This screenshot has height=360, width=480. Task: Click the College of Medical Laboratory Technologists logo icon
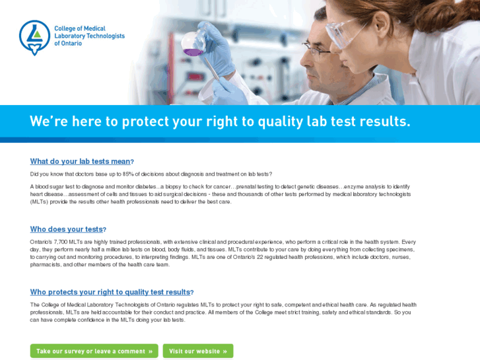click(34, 37)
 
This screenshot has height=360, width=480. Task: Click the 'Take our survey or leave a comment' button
click(94, 351)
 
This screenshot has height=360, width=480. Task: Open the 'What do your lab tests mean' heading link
click(80, 161)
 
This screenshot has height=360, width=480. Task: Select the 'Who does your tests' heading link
click(66, 229)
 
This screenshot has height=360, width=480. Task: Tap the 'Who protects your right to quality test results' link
click(110, 292)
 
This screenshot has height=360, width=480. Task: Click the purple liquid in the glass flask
click(191, 50)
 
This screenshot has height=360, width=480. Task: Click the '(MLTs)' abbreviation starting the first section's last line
click(39, 201)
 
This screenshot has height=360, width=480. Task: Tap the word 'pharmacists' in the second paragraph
click(46, 264)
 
